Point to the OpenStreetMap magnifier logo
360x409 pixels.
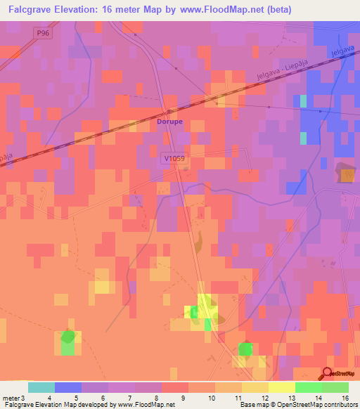click(329, 374)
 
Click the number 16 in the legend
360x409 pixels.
click(345, 398)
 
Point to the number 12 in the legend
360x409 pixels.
click(264, 398)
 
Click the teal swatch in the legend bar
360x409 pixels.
click(41, 387)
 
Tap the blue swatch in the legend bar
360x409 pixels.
click(68, 387)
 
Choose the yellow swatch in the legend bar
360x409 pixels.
click(282, 387)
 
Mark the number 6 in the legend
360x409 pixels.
click(104, 398)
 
